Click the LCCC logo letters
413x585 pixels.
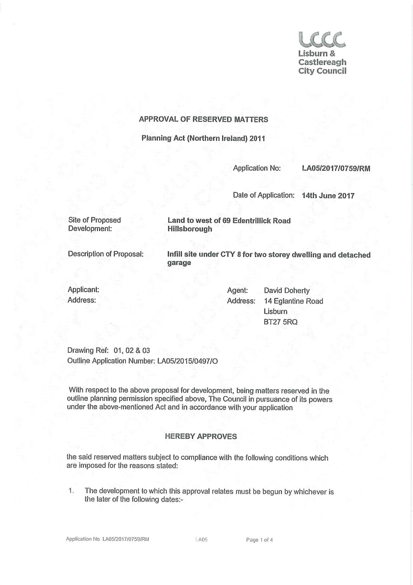(x=322, y=40)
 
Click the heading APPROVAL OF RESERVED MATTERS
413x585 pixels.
(x=203, y=119)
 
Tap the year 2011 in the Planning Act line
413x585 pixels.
(x=257, y=138)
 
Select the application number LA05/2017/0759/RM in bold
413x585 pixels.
(x=336, y=168)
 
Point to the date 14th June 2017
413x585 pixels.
(x=328, y=196)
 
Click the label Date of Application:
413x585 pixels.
(x=263, y=195)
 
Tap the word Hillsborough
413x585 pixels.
(x=190, y=229)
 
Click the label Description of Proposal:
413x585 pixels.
(x=106, y=254)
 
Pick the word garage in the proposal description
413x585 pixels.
(x=179, y=263)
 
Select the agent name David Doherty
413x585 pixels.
(x=286, y=290)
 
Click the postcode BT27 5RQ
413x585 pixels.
(x=280, y=322)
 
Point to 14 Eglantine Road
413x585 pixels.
(x=293, y=301)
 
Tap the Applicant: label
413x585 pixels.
(x=83, y=290)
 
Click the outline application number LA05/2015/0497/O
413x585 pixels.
(x=187, y=361)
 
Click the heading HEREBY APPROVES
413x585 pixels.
(x=201, y=436)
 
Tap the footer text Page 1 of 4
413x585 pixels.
(x=259, y=540)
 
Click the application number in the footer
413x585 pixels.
(x=126, y=539)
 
